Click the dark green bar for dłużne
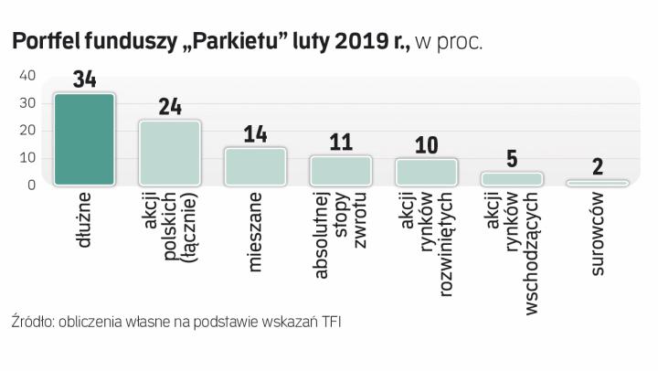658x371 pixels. pos(84,139)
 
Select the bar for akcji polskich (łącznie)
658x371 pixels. pos(169,153)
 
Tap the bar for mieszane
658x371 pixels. pos(255,166)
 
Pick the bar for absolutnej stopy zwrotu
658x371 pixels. pos(340,170)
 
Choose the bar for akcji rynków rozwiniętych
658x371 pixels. pos(426,172)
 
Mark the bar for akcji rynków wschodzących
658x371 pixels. pos(512,178)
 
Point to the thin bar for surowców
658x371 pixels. pos(597,183)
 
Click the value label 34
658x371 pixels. pos(84,80)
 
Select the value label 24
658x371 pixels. pos(170,107)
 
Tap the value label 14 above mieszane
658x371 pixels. pos(255,134)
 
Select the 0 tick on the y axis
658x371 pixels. pos(30,185)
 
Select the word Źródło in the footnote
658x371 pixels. pos(31,322)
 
